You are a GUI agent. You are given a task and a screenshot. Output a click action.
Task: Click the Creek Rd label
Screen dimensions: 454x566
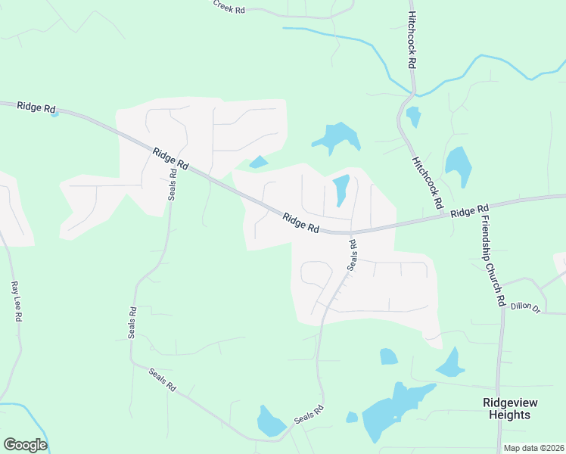coord(229,7)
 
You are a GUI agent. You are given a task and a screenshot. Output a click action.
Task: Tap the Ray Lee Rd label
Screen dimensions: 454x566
coord(15,302)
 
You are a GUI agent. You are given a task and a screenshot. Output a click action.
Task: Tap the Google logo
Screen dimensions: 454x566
coord(25,444)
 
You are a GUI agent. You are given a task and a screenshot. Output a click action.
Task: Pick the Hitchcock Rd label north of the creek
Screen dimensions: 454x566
coord(412,40)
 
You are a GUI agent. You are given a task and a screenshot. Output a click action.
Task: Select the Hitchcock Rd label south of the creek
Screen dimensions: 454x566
coord(427,182)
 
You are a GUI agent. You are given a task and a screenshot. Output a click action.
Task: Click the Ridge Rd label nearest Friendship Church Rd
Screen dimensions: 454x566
coord(470,211)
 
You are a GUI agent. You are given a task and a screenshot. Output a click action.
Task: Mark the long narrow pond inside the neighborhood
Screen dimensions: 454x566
coord(341,189)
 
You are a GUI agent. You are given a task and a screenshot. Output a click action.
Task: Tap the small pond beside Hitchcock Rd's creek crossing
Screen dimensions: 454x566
coord(413,117)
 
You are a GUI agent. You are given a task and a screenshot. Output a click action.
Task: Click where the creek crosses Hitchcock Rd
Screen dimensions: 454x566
coord(412,94)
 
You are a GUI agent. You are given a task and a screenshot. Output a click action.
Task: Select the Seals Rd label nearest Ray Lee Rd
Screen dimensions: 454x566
coord(132,322)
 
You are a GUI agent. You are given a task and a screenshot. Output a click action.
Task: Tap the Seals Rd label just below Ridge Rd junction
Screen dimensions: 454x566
coord(352,255)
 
